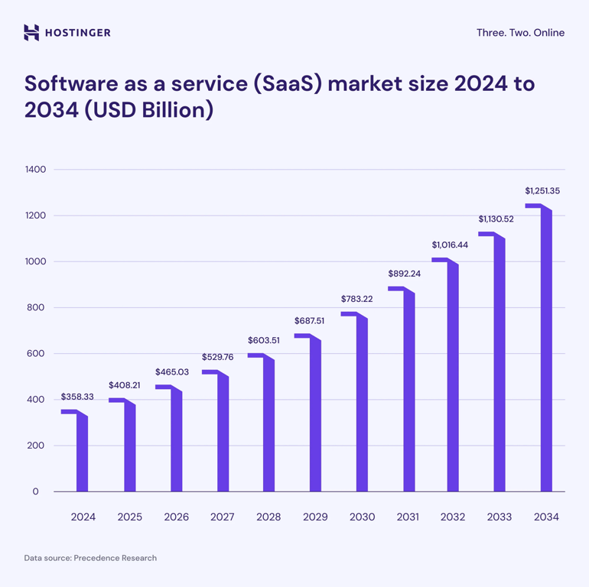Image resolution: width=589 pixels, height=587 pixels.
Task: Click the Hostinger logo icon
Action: [31, 32]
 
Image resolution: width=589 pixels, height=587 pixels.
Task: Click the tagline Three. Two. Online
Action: [520, 33]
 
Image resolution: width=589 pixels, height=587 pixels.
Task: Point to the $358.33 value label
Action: [77, 397]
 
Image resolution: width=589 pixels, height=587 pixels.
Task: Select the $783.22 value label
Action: [356, 299]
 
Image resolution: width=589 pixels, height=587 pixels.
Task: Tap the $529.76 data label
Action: [218, 357]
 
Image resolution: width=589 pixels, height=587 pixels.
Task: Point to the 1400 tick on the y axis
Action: [35, 170]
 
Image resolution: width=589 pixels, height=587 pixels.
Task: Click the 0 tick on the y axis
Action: [35, 491]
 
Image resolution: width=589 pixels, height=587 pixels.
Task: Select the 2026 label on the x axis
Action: [176, 517]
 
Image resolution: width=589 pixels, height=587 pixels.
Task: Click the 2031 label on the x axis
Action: [408, 517]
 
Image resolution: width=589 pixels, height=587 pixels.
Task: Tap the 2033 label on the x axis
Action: [500, 517]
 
